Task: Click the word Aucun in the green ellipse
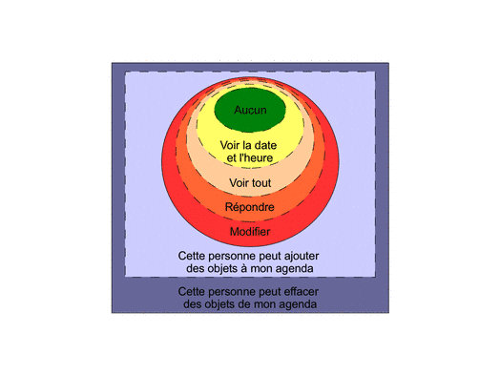pos(250,110)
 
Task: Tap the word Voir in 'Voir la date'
pos(230,145)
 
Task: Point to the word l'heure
pos(256,157)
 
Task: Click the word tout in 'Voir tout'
pos(261,183)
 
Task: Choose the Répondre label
pos(250,207)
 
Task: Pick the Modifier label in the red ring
pos(250,232)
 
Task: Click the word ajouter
pos(302,256)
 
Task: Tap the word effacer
pos(301,291)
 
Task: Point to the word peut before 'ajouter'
pos(270,257)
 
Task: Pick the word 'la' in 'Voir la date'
pos(246,145)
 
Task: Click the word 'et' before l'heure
pos(232,157)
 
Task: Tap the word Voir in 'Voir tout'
pos(240,183)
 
